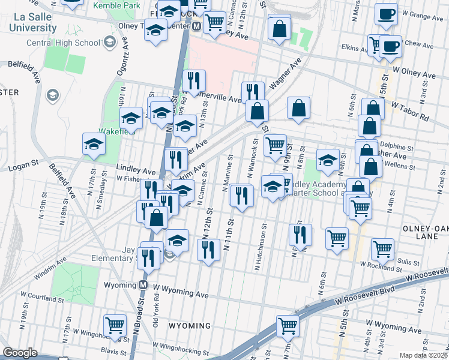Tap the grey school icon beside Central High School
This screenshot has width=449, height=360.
[x=109, y=42]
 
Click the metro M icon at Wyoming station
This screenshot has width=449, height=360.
[x=143, y=285]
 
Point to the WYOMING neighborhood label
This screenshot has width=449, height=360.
[x=189, y=326]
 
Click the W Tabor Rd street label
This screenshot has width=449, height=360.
[x=411, y=110]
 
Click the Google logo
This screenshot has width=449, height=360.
[x=20, y=353]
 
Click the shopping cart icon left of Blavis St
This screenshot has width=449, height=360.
[x=115, y=325]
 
